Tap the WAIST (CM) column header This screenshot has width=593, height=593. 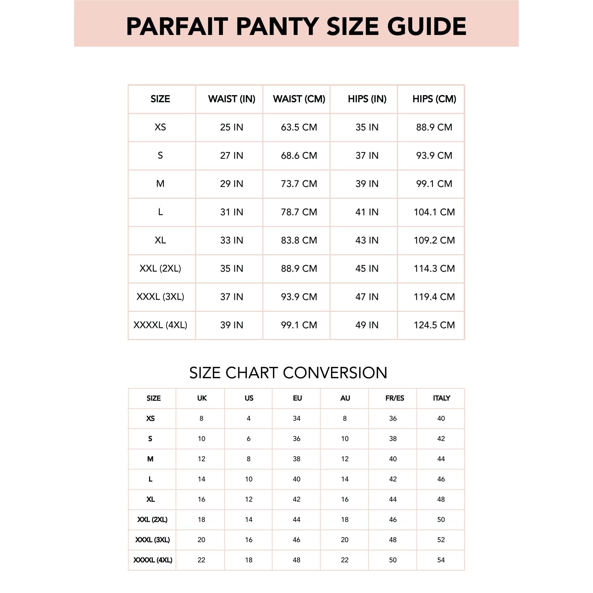299,99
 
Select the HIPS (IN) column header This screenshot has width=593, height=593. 367,99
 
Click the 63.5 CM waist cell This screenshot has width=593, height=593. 299,127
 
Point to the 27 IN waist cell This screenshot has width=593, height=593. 231,155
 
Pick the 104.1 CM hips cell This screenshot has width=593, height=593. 434,212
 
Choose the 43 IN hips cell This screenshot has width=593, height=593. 367,240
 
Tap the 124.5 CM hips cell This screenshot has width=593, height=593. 434,325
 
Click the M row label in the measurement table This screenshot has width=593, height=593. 160,183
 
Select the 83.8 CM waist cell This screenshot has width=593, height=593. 299,240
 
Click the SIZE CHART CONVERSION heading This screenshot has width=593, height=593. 288,373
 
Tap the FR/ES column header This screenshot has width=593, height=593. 394,398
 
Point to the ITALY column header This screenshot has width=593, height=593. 441,398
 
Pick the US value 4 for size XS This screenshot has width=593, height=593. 249,418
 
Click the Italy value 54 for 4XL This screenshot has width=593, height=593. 441,560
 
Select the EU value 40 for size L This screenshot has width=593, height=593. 296,479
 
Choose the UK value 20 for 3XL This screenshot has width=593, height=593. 201,540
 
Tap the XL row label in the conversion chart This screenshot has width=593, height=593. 151,499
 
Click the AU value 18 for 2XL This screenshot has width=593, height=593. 345,519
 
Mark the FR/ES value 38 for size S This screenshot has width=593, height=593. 393,439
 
